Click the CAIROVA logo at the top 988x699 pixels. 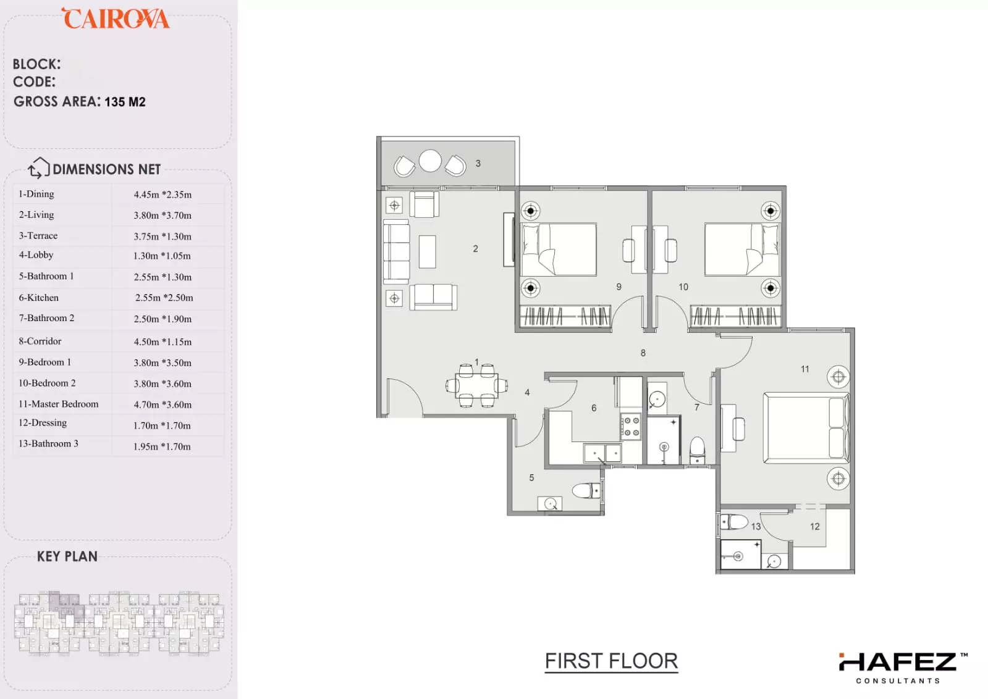coord(116,19)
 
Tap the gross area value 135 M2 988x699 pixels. coord(125,102)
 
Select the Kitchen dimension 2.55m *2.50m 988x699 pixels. coord(164,298)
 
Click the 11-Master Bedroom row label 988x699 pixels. coord(59,404)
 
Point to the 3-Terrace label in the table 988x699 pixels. coord(38,235)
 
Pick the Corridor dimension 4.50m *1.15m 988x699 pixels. coord(163,341)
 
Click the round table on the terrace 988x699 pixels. coord(430,161)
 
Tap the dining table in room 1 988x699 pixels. coord(477,386)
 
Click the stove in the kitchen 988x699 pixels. coord(630,426)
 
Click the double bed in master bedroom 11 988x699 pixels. coord(806,428)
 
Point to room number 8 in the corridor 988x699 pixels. coord(643,353)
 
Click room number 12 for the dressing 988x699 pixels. coord(814,526)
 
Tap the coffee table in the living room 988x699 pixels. coord(427,252)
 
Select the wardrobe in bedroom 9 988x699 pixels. coord(565,316)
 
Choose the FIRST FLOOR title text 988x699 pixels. coord(611,661)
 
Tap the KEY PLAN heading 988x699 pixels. coord(67,556)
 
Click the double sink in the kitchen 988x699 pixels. coord(602,453)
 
